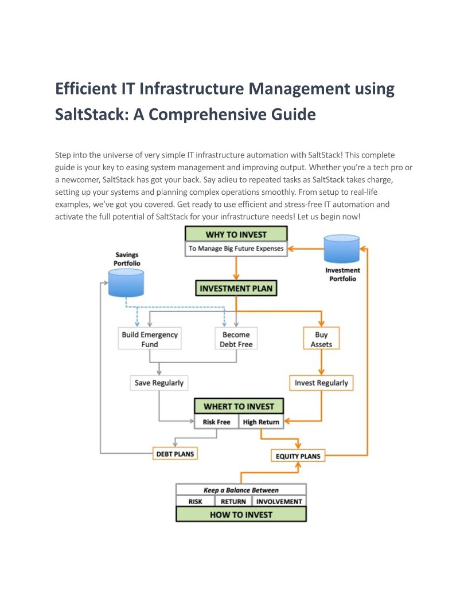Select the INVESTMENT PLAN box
coord(236,288)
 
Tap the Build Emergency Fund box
coord(150,339)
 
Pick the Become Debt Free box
coord(236,339)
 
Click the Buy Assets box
coord(321,339)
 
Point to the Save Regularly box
coord(159,383)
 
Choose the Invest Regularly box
coord(321,383)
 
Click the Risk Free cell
coord(216,422)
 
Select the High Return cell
coord(261,422)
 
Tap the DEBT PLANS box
coord(175,454)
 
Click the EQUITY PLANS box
coord(298,455)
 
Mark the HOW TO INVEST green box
coord(241,514)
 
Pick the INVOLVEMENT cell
coord(279,501)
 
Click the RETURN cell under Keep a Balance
coord(233,501)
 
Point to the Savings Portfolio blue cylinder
coord(126,283)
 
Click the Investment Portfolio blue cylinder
coord(342,249)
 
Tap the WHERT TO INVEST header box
coord(239,406)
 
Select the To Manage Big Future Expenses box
coord(236,249)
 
